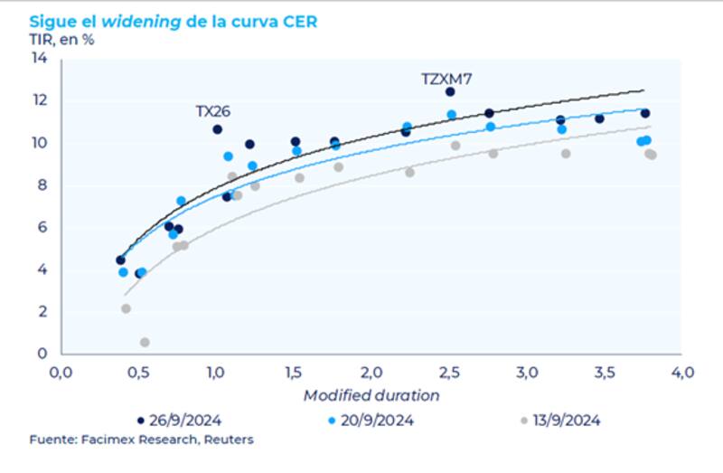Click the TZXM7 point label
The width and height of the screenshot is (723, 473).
[446, 79]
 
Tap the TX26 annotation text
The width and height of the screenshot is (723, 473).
[213, 111]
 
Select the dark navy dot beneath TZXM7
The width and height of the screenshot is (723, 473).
[450, 92]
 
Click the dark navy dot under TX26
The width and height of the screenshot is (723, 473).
[217, 129]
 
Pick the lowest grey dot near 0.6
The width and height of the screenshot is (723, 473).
[145, 342]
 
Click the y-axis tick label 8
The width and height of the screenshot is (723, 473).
[42, 185]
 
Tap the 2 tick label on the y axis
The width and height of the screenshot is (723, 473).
[42, 312]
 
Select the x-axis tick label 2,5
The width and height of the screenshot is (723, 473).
[449, 373]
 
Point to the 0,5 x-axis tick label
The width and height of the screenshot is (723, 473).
[138, 373]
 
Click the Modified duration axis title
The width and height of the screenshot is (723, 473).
[371, 395]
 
